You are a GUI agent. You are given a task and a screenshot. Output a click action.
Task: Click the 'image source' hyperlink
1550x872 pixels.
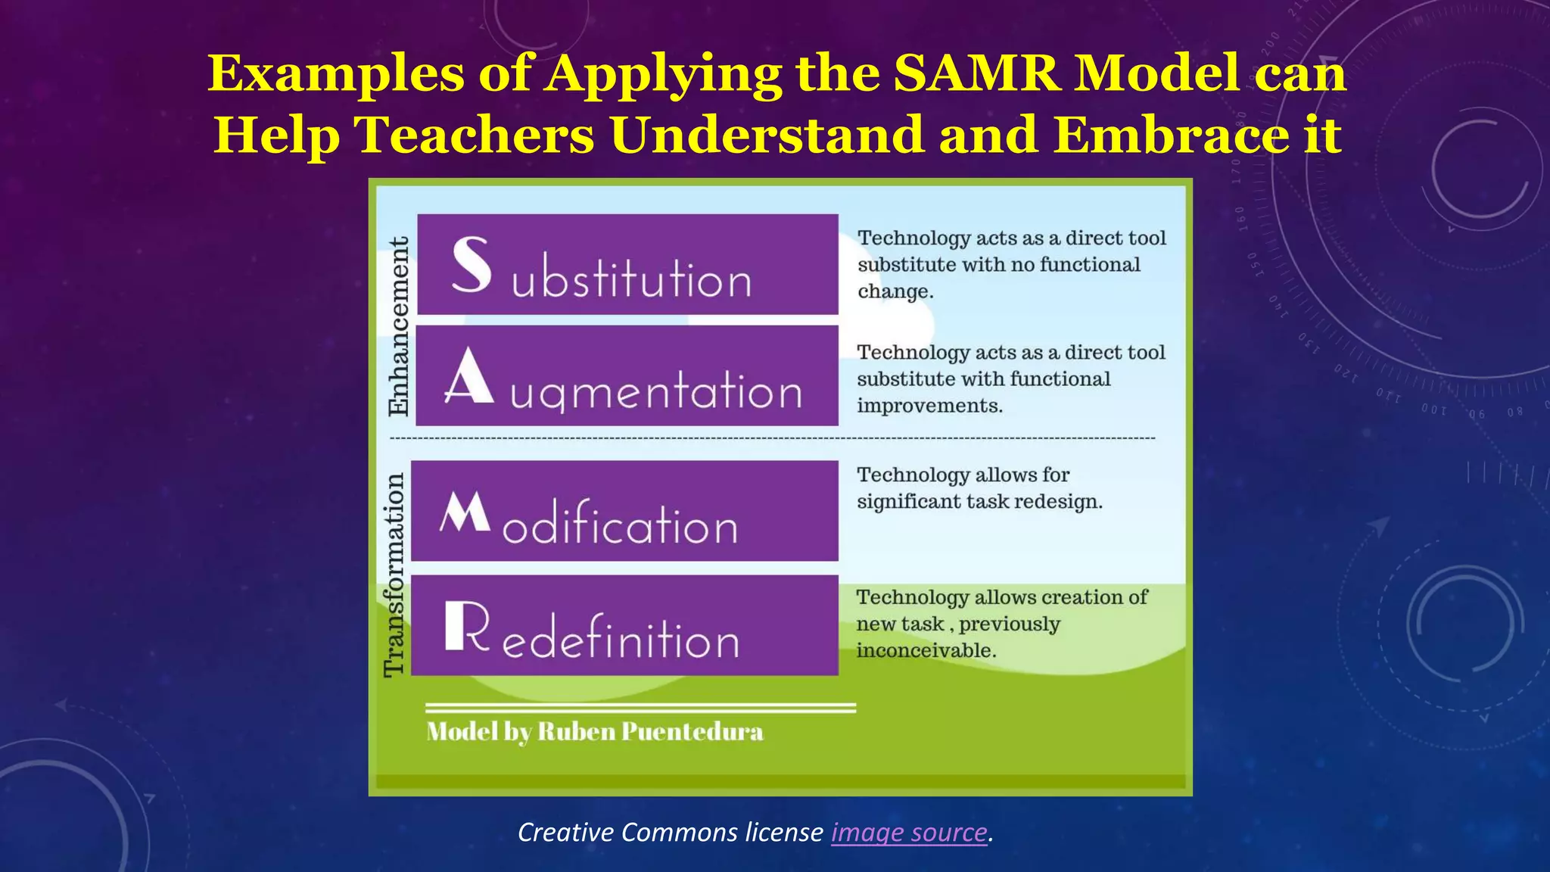click(909, 833)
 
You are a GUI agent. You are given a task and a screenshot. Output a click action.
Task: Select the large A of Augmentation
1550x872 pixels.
click(468, 376)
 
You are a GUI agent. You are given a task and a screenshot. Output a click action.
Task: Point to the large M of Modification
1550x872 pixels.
click(465, 512)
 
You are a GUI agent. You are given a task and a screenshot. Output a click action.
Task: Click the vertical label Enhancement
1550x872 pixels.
click(398, 325)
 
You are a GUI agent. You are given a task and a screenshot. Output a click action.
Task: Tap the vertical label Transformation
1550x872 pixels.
click(394, 575)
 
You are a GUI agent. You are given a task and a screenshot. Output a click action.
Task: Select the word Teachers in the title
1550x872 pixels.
click(475, 135)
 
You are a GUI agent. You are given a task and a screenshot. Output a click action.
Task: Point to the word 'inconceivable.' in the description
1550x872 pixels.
click(926, 650)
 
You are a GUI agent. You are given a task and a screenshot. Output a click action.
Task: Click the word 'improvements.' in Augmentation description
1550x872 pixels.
click(929, 406)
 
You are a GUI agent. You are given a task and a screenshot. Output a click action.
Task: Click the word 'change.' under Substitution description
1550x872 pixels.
click(895, 292)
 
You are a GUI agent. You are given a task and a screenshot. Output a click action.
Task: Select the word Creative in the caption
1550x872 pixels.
click(565, 833)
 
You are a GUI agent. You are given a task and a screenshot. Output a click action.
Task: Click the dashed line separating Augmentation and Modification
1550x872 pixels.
click(772, 438)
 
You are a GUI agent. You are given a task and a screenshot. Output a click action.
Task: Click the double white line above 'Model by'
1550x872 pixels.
click(640, 708)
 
